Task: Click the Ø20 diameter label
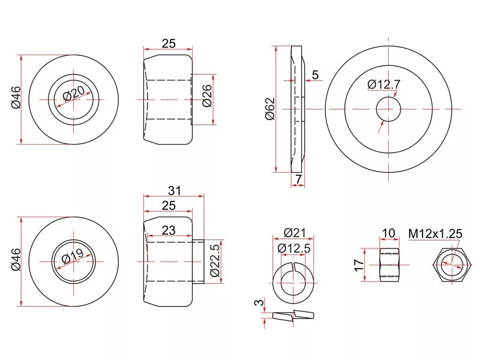pos(74,94)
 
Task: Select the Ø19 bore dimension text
pos(73,256)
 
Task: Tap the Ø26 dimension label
pos(207,95)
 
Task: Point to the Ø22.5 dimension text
pos(215,260)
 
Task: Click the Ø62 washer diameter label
pos(271,109)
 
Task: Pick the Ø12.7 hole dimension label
pos(384,84)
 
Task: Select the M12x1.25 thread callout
pos(435,234)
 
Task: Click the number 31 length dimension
pos(175,191)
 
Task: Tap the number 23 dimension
pos(169,230)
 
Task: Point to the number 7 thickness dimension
pos(299,179)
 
